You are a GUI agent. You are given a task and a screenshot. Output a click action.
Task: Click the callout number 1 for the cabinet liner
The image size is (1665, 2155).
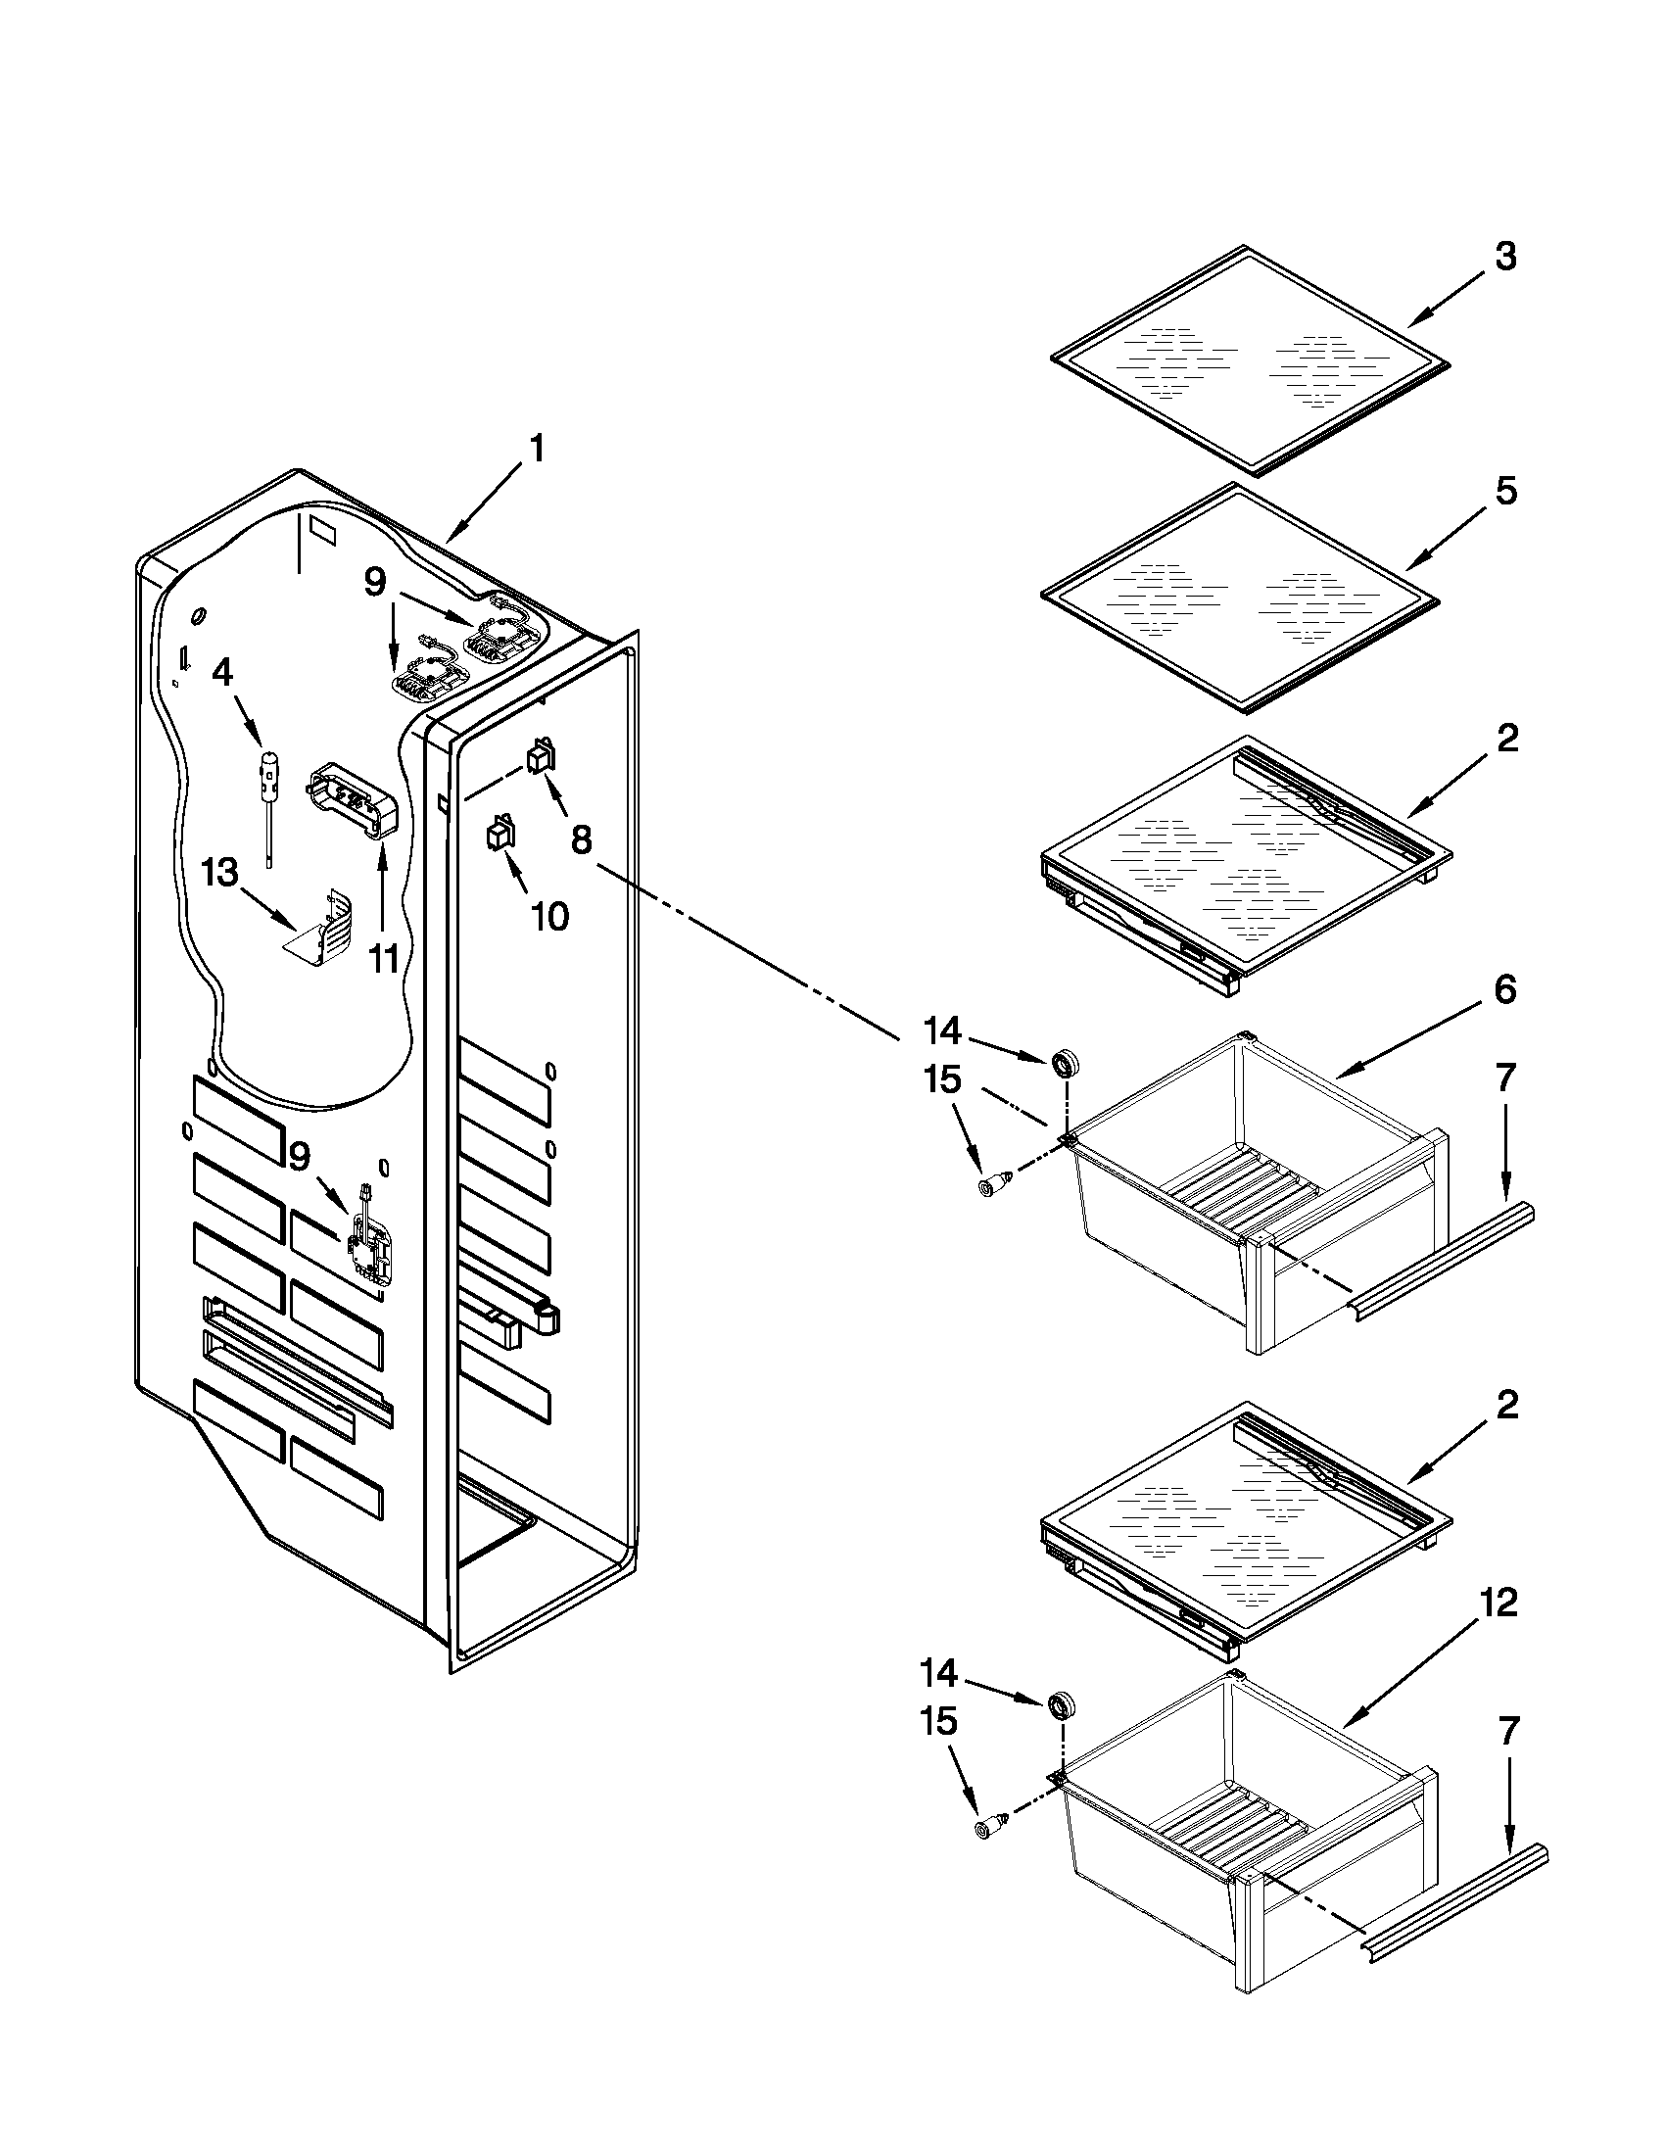[537, 450]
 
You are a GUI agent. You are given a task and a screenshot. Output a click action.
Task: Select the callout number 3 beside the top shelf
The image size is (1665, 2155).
[1504, 257]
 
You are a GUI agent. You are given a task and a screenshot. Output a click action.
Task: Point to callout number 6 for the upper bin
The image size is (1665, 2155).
[1504, 990]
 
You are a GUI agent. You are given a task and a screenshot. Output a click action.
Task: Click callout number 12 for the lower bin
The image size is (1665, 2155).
[1498, 1604]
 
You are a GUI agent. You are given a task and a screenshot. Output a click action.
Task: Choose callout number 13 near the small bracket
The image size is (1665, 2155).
[220, 872]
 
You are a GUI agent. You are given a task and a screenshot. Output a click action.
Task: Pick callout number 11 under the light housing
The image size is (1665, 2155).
[384, 957]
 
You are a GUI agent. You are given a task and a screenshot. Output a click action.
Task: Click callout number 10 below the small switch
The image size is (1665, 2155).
[549, 917]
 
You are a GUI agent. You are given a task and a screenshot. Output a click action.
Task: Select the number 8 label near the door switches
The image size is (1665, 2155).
[582, 839]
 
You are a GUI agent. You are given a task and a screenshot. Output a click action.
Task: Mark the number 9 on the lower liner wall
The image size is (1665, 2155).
[300, 1156]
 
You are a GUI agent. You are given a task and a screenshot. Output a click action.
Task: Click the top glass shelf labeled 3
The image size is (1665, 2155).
[1250, 360]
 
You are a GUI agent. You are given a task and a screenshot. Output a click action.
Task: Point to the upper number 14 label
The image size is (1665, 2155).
[942, 1031]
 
